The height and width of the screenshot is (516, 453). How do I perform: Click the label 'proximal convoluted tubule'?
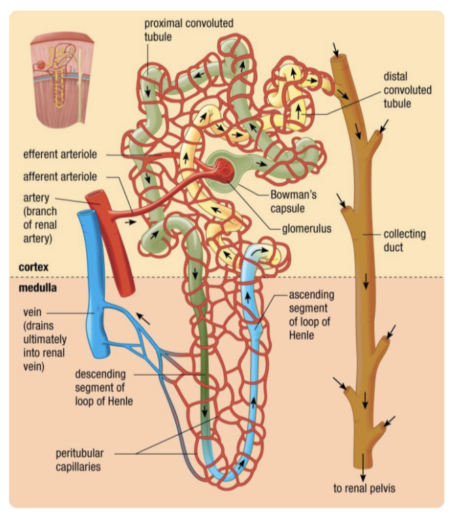coord(188,29)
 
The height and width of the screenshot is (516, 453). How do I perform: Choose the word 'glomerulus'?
coord(306,229)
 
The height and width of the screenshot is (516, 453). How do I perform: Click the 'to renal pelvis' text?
coord(365,487)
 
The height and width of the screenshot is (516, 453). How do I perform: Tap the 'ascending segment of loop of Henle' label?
coord(312,315)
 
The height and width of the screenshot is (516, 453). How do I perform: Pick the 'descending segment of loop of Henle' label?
coord(103,387)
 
